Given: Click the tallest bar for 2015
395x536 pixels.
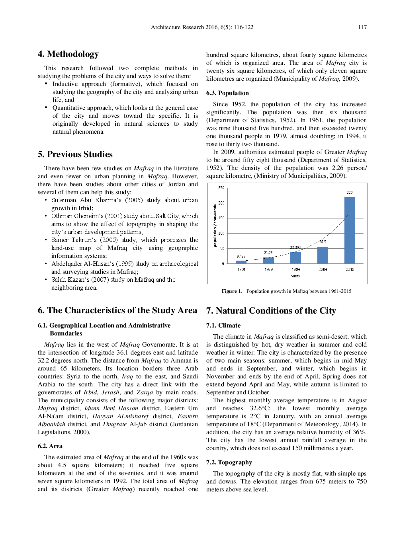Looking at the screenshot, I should [x=349, y=230].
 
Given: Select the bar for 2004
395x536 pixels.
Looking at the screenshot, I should [x=323, y=255].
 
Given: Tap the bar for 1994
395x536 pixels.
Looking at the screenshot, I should [x=295, y=258].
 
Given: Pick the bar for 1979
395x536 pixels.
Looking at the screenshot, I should [x=268, y=260].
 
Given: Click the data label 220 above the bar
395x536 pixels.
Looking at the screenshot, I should [x=349, y=192].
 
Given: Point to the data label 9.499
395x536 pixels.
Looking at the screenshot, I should [x=241, y=257].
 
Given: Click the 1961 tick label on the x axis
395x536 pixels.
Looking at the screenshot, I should [x=241, y=269].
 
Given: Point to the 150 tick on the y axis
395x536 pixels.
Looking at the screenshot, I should [x=221, y=218].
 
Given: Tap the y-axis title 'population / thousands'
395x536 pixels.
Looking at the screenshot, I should [x=215, y=226].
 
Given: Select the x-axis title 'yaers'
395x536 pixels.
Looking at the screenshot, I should [x=295, y=276].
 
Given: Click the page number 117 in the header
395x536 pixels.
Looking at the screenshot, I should [x=362, y=27].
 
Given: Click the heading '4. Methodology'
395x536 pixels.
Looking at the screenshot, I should [x=68, y=54].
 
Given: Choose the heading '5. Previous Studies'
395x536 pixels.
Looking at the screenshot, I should [x=75, y=154].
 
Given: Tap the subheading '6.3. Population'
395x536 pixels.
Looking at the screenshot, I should [x=227, y=93].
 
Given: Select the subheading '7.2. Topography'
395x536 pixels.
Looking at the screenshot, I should [x=229, y=462].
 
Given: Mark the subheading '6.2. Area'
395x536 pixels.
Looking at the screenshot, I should [x=50, y=446].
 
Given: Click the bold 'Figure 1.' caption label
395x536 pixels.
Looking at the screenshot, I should [x=232, y=291].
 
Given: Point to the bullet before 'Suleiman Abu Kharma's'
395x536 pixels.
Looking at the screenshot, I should [x=46, y=200].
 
